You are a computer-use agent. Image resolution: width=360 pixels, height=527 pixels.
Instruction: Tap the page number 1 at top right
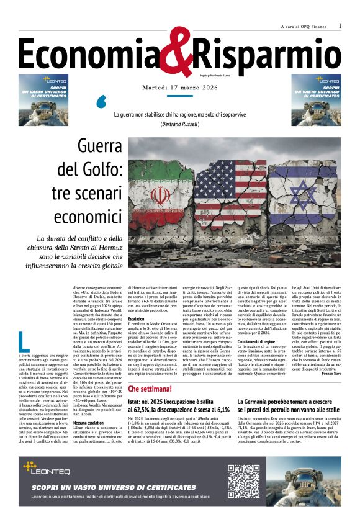[x=340, y=25]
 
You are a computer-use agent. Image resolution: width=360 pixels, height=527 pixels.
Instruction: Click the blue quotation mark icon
[x=102, y=101]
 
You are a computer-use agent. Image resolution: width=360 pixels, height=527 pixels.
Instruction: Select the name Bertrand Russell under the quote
[x=180, y=124]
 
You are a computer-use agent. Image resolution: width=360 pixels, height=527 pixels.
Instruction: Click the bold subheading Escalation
[x=136, y=318]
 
